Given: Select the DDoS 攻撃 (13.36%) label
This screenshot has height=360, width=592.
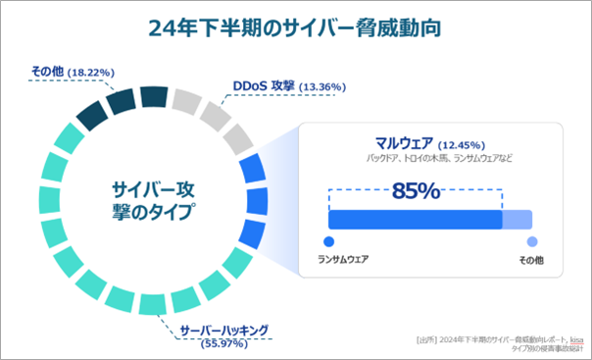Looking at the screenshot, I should pyautogui.click(x=287, y=85).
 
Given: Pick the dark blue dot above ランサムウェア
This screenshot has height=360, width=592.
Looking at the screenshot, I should pyautogui.click(x=328, y=241).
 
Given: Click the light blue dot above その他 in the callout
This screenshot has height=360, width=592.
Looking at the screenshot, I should pyautogui.click(x=532, y=241).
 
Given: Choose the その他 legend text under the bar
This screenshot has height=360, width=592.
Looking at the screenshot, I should pyautogui.click(x=532, y=261).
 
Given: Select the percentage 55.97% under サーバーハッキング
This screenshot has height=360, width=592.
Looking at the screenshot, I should pyautogui.click(x=223, y=343).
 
